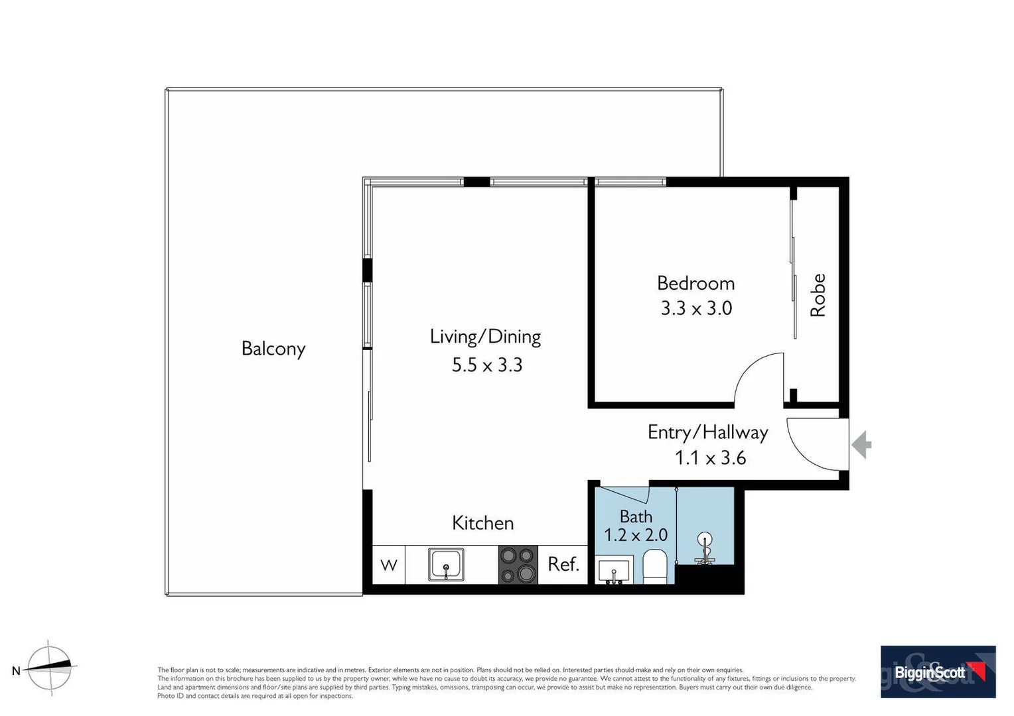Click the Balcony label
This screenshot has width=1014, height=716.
273,349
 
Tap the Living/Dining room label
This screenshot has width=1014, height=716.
485,337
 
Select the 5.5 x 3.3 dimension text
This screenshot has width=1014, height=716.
487,365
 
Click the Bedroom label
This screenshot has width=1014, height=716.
695,283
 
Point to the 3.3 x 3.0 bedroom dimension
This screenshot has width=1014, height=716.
696,308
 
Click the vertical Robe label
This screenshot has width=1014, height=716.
818,295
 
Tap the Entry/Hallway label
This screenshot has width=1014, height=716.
707,432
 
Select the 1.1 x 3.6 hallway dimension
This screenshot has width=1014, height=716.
710,458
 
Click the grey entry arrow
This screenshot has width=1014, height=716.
861,445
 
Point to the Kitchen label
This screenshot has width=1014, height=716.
482,523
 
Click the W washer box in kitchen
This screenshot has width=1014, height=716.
389,565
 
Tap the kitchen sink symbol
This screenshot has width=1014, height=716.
446,564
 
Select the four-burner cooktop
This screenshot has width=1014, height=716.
518,565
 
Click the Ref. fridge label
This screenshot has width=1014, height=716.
563,564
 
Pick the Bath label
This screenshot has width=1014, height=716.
636,516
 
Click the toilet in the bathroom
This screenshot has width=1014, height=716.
654,567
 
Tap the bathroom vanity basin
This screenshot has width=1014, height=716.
614,571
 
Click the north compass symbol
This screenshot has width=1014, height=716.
50,668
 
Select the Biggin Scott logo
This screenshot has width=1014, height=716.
938,672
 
